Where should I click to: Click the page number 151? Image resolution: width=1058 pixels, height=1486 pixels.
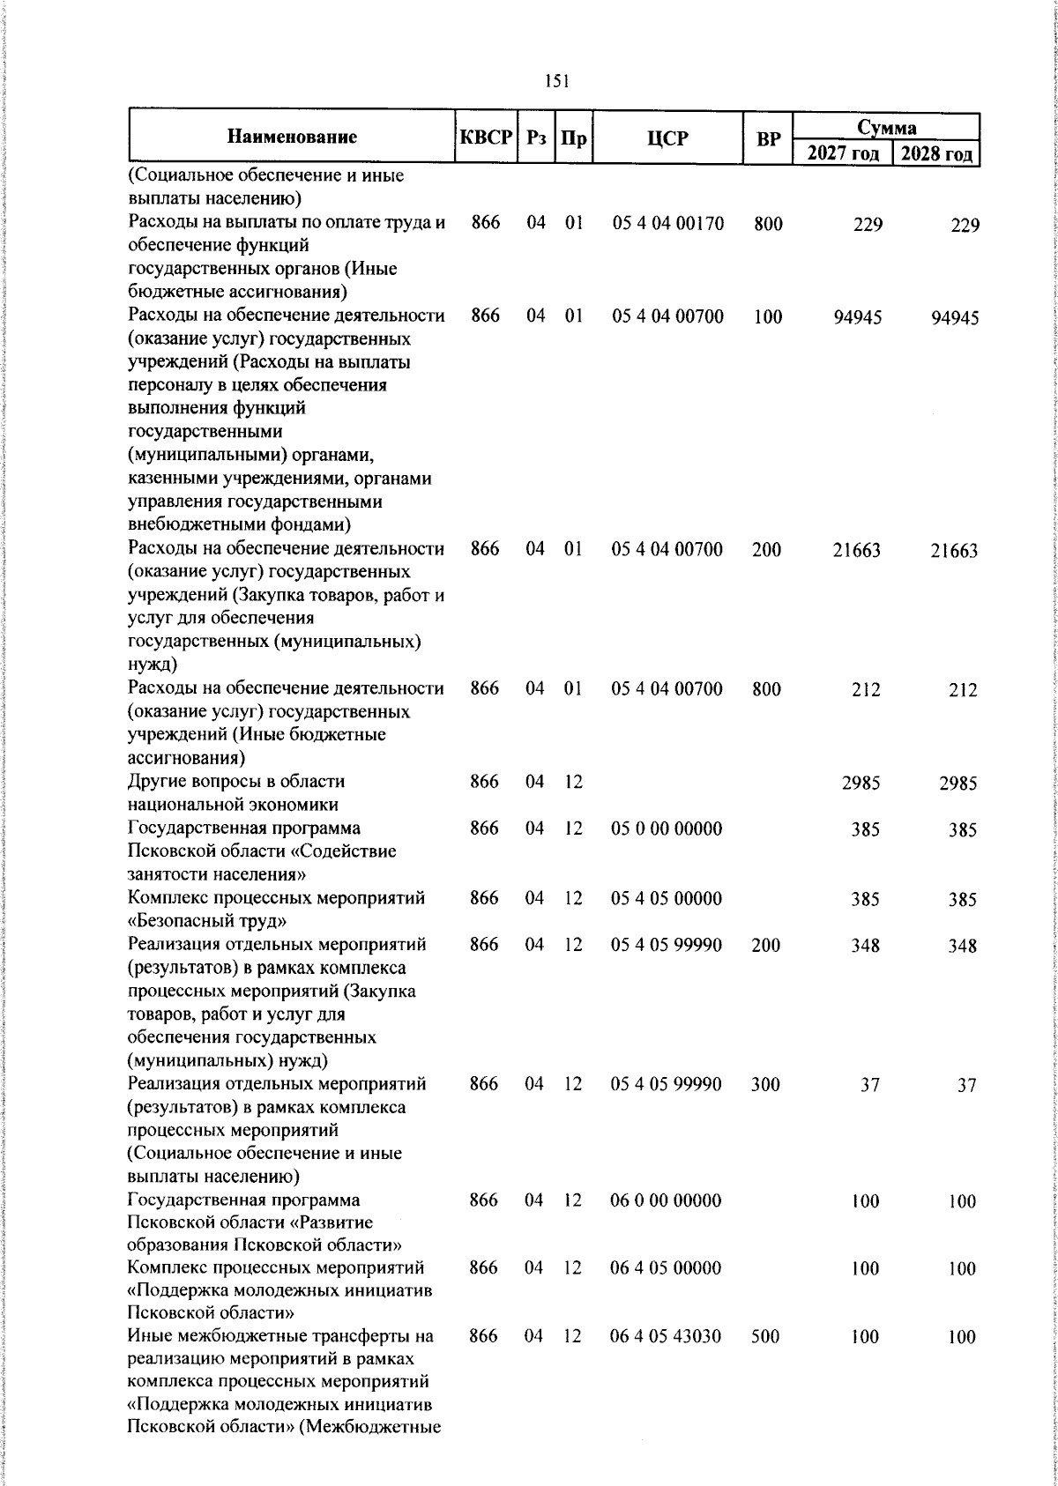coord(556,81)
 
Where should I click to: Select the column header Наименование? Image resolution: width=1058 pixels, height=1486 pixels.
coord(292,137)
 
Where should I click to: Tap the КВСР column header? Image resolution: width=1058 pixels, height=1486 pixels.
coord(486,137)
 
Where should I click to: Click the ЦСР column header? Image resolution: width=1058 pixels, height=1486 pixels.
coord(667,137)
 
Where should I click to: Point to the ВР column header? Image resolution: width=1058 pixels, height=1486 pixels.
coord(768,137)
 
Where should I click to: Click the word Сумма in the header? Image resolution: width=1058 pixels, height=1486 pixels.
coord(887,127)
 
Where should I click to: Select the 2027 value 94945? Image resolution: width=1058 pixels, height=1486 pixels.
coord(857,317)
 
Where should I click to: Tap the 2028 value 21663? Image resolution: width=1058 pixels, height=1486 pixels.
coord(954,552)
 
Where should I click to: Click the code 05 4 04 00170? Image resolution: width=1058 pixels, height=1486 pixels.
coord(667,224)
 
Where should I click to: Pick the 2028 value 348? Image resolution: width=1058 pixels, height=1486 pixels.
coord(962,947)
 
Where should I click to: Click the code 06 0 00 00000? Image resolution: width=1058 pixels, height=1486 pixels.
coord(666,1200)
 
